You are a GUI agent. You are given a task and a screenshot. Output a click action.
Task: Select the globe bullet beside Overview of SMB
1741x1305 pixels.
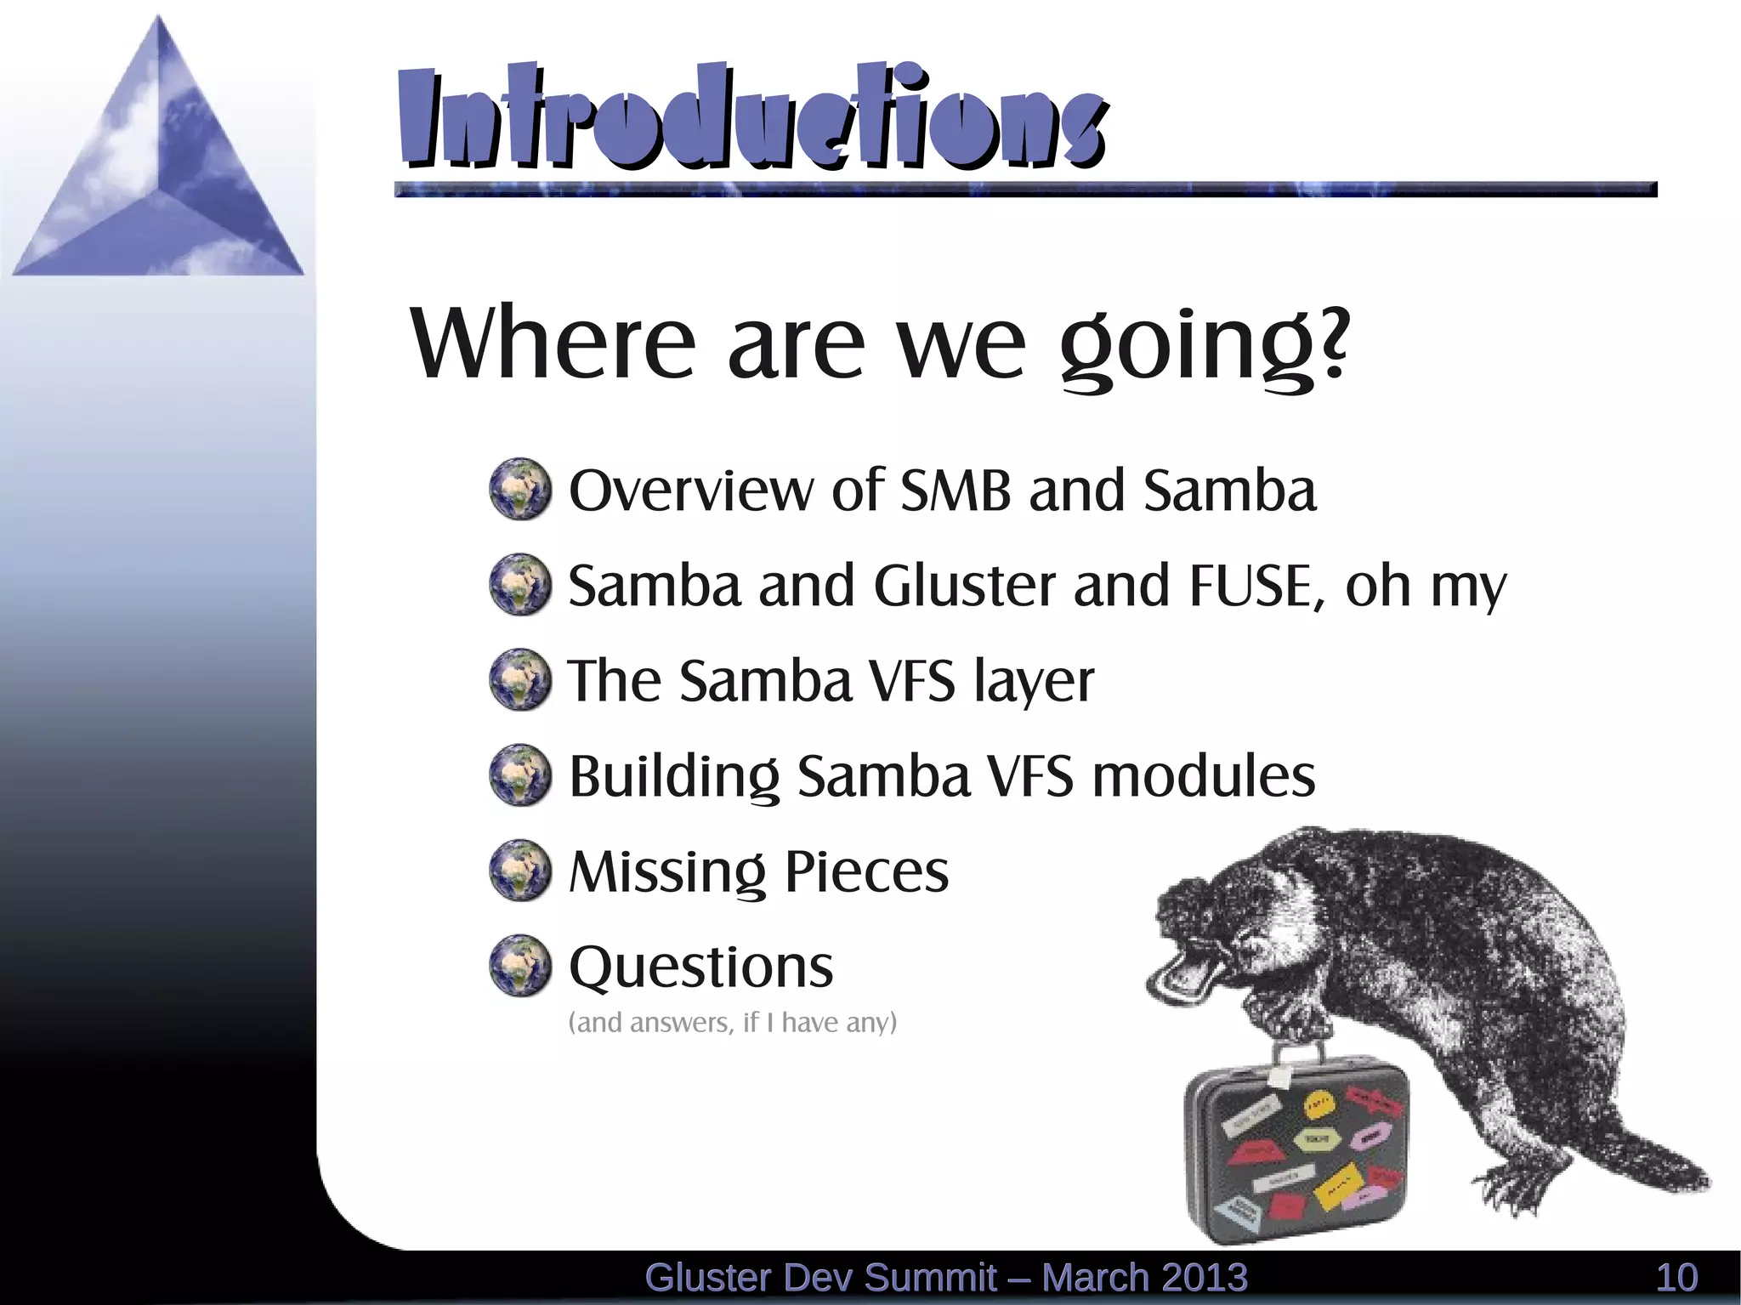pyautogui.click(x=520, y=490)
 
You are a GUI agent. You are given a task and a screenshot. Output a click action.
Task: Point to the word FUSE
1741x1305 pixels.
pyautogui.click(x=1250, y=586)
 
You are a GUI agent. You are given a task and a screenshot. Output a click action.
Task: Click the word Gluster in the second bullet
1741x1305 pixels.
pyautogui.click(x=964, y=586)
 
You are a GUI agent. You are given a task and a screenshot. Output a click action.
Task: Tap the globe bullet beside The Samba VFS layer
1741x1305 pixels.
pyautogui.click(x=520, y=680)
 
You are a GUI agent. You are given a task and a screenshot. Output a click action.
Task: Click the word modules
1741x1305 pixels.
pyautogui.click(x=1203, y=776)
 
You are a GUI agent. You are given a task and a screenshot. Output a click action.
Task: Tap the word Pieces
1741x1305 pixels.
pyautogui.click(x=865, y=871)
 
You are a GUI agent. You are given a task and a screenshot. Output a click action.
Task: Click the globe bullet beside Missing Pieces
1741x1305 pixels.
pyautogui.click(x=520, y=871)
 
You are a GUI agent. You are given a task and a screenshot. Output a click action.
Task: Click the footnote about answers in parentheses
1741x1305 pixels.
pyautogui.click(x=732, y=1022)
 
